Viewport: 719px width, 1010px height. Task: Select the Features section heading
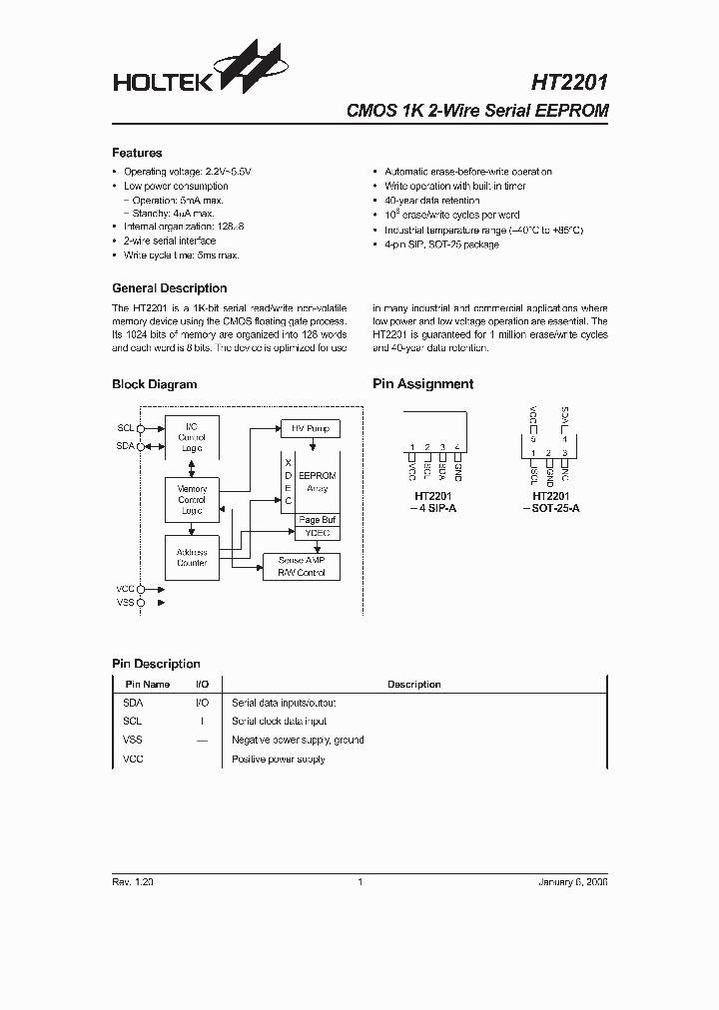tap(137, 153)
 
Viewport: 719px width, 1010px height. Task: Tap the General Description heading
tap(169, 288)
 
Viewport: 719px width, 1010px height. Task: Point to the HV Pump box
tap(310, 428)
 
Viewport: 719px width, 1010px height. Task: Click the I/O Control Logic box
tap(192, 437)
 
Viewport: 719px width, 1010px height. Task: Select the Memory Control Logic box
tap(192, 499)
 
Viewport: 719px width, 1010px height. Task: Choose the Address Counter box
tap(192, 557)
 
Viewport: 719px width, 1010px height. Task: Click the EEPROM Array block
tap(318, 482)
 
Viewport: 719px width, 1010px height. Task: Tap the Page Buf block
tap(318, 520)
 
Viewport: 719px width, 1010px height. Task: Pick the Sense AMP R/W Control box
tap(301, 567)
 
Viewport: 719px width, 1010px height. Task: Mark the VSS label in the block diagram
tap(125, 604)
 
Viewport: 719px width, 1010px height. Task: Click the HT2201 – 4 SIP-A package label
tap(434, 501)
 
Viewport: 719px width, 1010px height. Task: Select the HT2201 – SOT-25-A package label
tap(550, 501)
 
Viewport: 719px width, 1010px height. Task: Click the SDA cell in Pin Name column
tap(133, 703)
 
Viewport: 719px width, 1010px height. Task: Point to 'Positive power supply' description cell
tap(279, 759)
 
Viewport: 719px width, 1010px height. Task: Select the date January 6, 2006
tap(571, 882)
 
